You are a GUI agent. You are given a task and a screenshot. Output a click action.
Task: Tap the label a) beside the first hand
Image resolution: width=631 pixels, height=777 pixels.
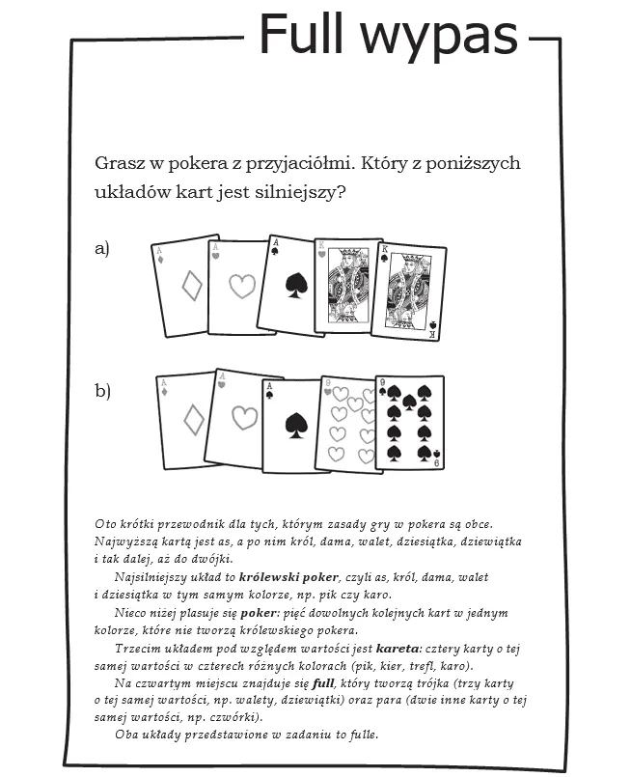click(x=102, y=249)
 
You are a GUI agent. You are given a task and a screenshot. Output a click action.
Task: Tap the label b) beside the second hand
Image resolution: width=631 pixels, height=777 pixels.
click(x=102, y=390)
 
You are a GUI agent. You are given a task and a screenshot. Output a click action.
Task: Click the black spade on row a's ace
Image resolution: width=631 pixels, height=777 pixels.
click(x=294, y=285)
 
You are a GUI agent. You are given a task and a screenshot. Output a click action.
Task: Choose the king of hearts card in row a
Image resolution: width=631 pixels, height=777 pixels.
click(x=348, y=285)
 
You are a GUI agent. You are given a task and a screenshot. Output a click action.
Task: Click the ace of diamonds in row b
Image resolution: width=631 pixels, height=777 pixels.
click(x=188, y=419)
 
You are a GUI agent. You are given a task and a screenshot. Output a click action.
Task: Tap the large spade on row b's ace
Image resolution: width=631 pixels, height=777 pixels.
click(x=296, y=426)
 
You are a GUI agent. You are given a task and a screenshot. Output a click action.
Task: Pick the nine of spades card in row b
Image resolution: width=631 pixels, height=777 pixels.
click(x=410, y=422)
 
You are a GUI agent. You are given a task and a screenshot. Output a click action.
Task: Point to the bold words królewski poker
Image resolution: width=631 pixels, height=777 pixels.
click(x=288, y=576)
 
